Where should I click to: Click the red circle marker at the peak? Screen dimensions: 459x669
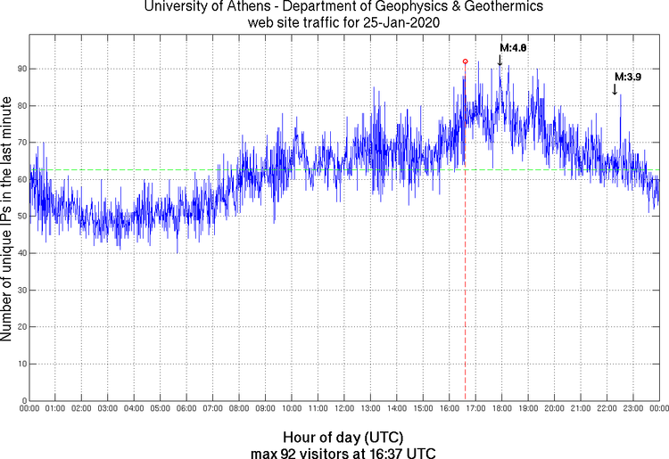(465, 61)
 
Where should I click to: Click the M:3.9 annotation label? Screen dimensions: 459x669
(628, 78)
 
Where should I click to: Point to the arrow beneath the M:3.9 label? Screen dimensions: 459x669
(615, 89)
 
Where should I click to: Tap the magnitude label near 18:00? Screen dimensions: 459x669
(514, 47)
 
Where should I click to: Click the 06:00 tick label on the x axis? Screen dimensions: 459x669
(186, 409)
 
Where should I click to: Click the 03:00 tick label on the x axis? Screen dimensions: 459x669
(107, 409)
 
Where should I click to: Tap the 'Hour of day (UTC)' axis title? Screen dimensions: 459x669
(343, 438)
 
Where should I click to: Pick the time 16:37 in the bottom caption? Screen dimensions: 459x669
(389, 453)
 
